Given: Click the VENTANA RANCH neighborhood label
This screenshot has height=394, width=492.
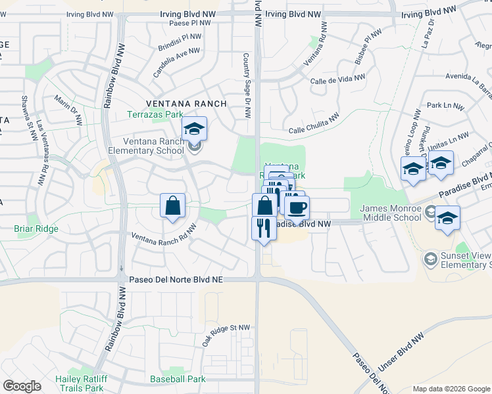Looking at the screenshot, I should (x=186, y=104).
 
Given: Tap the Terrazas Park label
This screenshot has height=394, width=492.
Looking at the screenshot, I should (x=154, y=114).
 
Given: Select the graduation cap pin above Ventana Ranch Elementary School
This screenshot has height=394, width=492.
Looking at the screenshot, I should (x=194, y=128).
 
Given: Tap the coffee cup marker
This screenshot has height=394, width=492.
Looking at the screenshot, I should (x=297, y=208).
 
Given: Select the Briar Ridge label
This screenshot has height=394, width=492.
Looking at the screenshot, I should (x=36, y=229).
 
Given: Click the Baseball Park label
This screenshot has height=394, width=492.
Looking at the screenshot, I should (x=178, y=379).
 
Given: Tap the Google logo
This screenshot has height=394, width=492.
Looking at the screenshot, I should (x=22, y=386).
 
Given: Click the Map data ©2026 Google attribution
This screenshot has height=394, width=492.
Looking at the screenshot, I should (x=451, y=389).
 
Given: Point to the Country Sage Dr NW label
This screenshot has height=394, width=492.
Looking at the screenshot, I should (x=247, y=86).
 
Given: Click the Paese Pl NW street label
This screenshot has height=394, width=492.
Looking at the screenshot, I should (x=189, y=22).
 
